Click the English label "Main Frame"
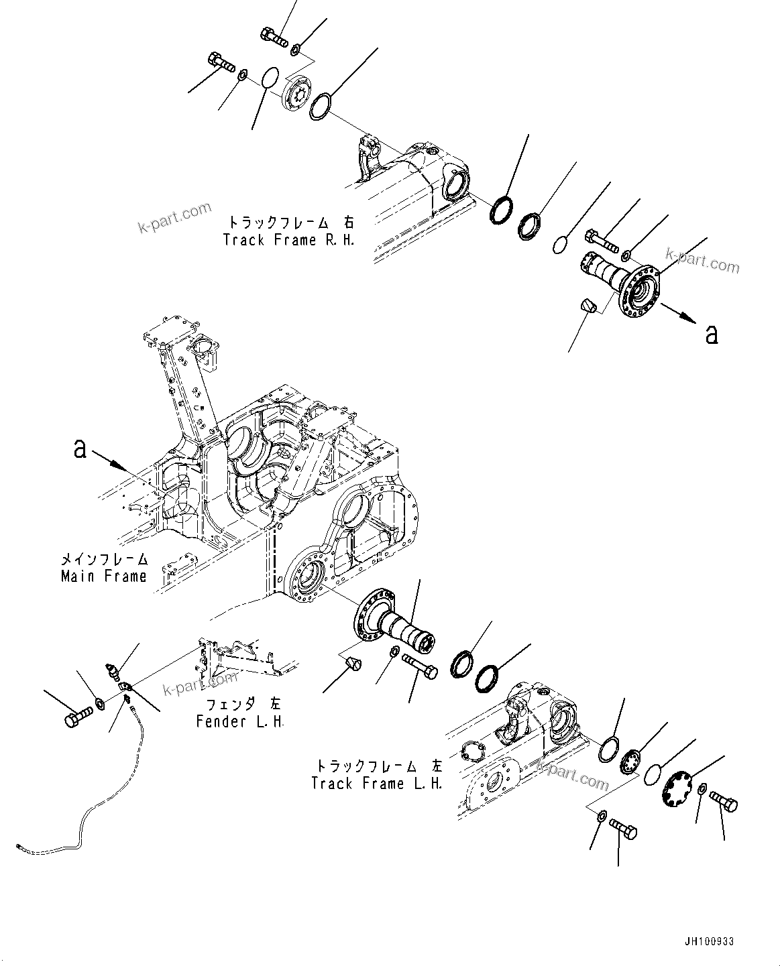[103, 576]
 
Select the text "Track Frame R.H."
[289, 239]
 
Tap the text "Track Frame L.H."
[377, 783]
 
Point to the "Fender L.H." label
[240, 721]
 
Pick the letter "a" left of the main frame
[80, 449]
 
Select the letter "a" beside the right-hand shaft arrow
[712, 333]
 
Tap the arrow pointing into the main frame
[109, 459]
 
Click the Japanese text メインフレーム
[103, 559]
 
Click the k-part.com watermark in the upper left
[175, 219]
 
